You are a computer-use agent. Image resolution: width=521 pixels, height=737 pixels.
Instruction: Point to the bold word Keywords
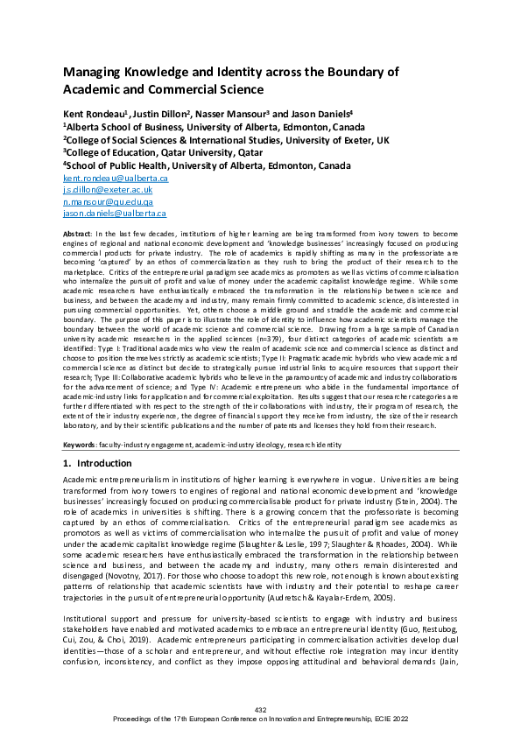80,445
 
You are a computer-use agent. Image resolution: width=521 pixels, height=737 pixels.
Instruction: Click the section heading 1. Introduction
97,463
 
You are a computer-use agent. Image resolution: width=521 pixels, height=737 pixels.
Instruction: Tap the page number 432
260,709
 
